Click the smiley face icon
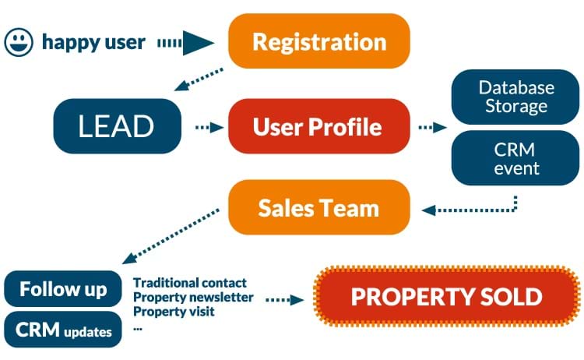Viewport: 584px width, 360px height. (19, 42)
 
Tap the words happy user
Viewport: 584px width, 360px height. (93, 43)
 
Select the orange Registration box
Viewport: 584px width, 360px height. (318, 41)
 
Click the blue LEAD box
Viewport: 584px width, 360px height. (118, 126)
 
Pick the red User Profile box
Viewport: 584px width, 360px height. (318, 126)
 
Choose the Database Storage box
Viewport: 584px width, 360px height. (515, 97)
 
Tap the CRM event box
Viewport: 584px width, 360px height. (515, 158)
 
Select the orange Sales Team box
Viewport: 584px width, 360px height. (318, 207)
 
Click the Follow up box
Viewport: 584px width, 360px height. (63, 289)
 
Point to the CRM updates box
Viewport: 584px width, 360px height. (63, 330)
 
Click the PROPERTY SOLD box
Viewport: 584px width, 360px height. (447, 296)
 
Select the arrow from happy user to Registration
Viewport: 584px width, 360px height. (185, 43)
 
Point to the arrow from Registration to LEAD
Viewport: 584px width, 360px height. (199, 79)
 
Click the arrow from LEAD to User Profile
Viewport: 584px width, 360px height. (209, 128)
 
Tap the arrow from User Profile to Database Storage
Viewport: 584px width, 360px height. (432, 128)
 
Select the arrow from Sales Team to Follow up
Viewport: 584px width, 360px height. (171, 236)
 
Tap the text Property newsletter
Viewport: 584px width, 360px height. (193, 298)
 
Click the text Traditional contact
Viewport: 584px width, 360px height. (190, 283)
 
